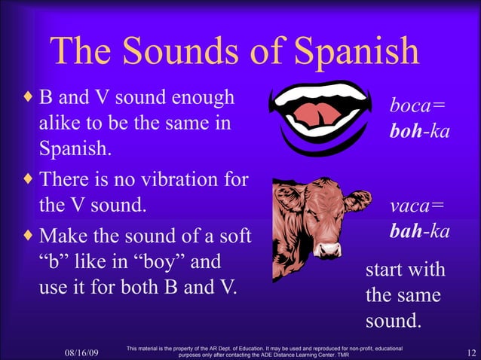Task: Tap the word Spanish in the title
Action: (x=357, y=51)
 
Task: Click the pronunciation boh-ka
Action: (x=419, y=130)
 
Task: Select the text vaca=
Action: (x=417, y=206)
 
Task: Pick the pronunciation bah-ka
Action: (x=419, y=230)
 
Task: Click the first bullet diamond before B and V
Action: (x=29, y=98)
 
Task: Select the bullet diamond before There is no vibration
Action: (x=29, y=181)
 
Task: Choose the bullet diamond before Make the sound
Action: (x=29, y=236)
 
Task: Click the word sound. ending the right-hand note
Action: (x=393, y=321)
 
